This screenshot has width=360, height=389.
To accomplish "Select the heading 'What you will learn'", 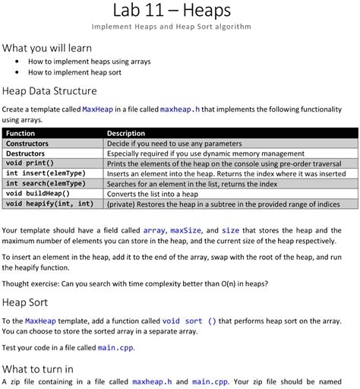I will (47, 47).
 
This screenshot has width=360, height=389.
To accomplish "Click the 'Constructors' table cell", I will (27, 143).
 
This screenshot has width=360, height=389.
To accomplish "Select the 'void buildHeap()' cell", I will (37, 193).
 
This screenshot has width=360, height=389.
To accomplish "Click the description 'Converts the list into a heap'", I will (160, 193).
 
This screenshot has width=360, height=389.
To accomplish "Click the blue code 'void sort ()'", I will (189, 321).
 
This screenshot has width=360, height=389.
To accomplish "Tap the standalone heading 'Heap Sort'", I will (27, 302).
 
